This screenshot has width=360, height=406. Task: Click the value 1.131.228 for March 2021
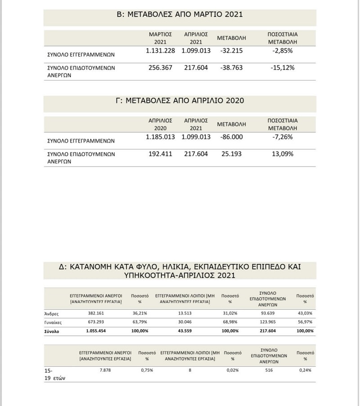tap(160, 51)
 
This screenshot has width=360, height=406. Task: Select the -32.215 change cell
tap(232, 51)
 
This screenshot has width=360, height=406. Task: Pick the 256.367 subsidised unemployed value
tap(160, 68)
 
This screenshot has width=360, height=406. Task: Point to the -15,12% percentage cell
tap(283, 68)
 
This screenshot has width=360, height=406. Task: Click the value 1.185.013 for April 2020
tap(160, 137)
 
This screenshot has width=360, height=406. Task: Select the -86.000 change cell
tap(232, 137)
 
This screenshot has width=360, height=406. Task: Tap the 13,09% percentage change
tap(283, 154)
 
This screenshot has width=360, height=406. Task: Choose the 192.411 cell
tap(160, 154)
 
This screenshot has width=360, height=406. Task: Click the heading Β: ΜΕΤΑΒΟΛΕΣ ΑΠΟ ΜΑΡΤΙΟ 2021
tap(180, 14)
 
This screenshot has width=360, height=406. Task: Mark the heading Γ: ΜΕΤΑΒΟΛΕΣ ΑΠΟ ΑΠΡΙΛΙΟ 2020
tap(180, 101)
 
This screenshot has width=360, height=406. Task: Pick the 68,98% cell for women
tap(230, 322)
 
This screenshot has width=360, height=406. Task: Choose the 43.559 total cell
tap(182, 331)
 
